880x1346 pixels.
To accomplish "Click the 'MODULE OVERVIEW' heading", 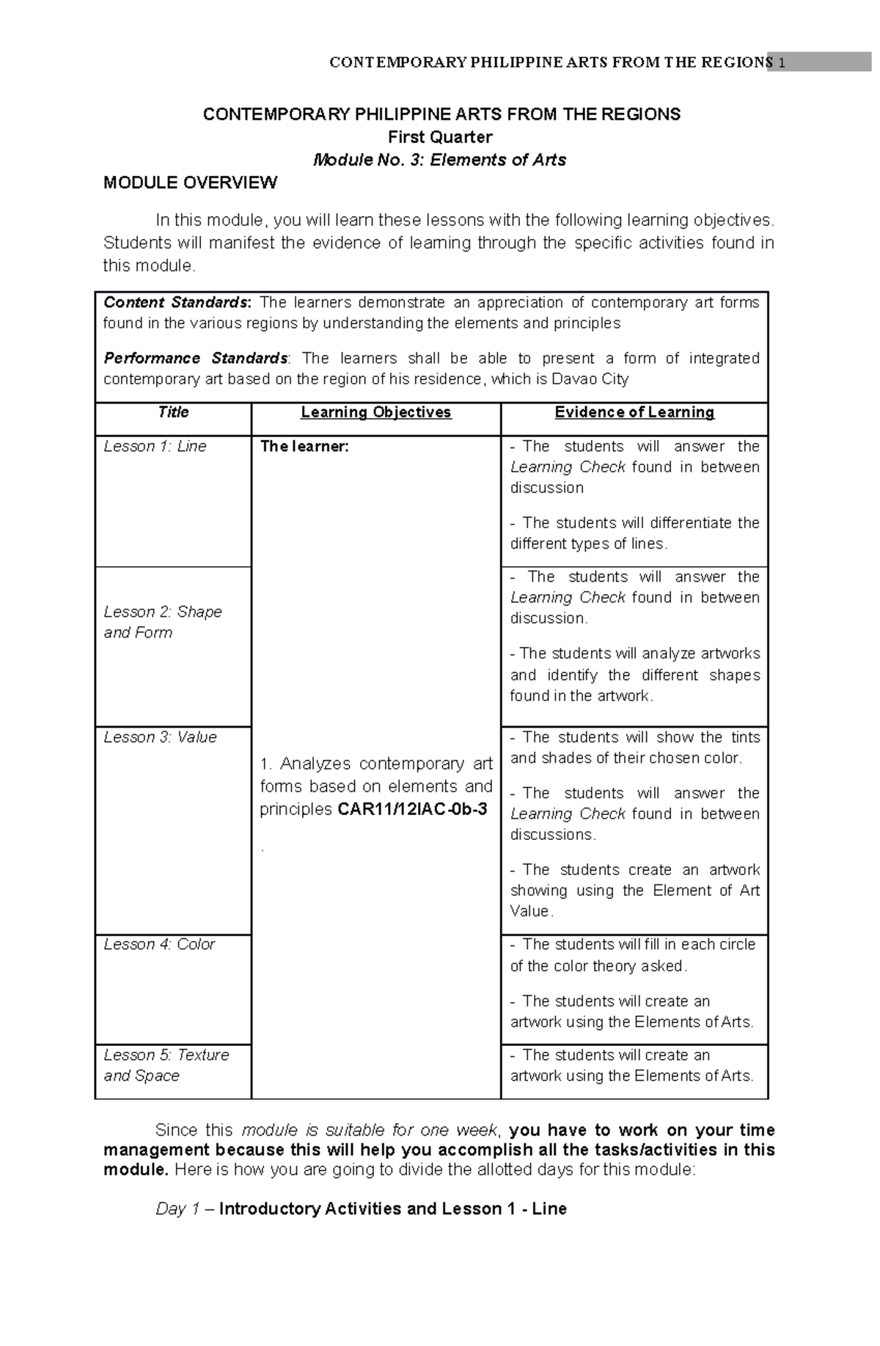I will tap(190, 183).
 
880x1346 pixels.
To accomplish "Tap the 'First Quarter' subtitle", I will tap(440, 137).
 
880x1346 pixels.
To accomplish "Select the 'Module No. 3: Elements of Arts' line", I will tap(440, 160).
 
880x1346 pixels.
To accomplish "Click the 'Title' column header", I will tap(173, 412).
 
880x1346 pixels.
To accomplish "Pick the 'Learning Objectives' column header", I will tap(376, 412).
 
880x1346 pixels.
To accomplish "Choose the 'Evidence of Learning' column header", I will tap(634, 412).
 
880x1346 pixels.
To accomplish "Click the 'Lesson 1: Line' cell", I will tap(155, 446).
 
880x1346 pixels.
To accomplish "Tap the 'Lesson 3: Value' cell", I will tap(160, 737).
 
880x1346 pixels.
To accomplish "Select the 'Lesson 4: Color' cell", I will tap(159, 945).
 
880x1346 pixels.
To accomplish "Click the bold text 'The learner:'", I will tap(304, 446).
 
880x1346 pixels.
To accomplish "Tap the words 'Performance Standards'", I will tap(195, 358).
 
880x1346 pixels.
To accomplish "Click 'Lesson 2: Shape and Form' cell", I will tap(162, 622).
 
